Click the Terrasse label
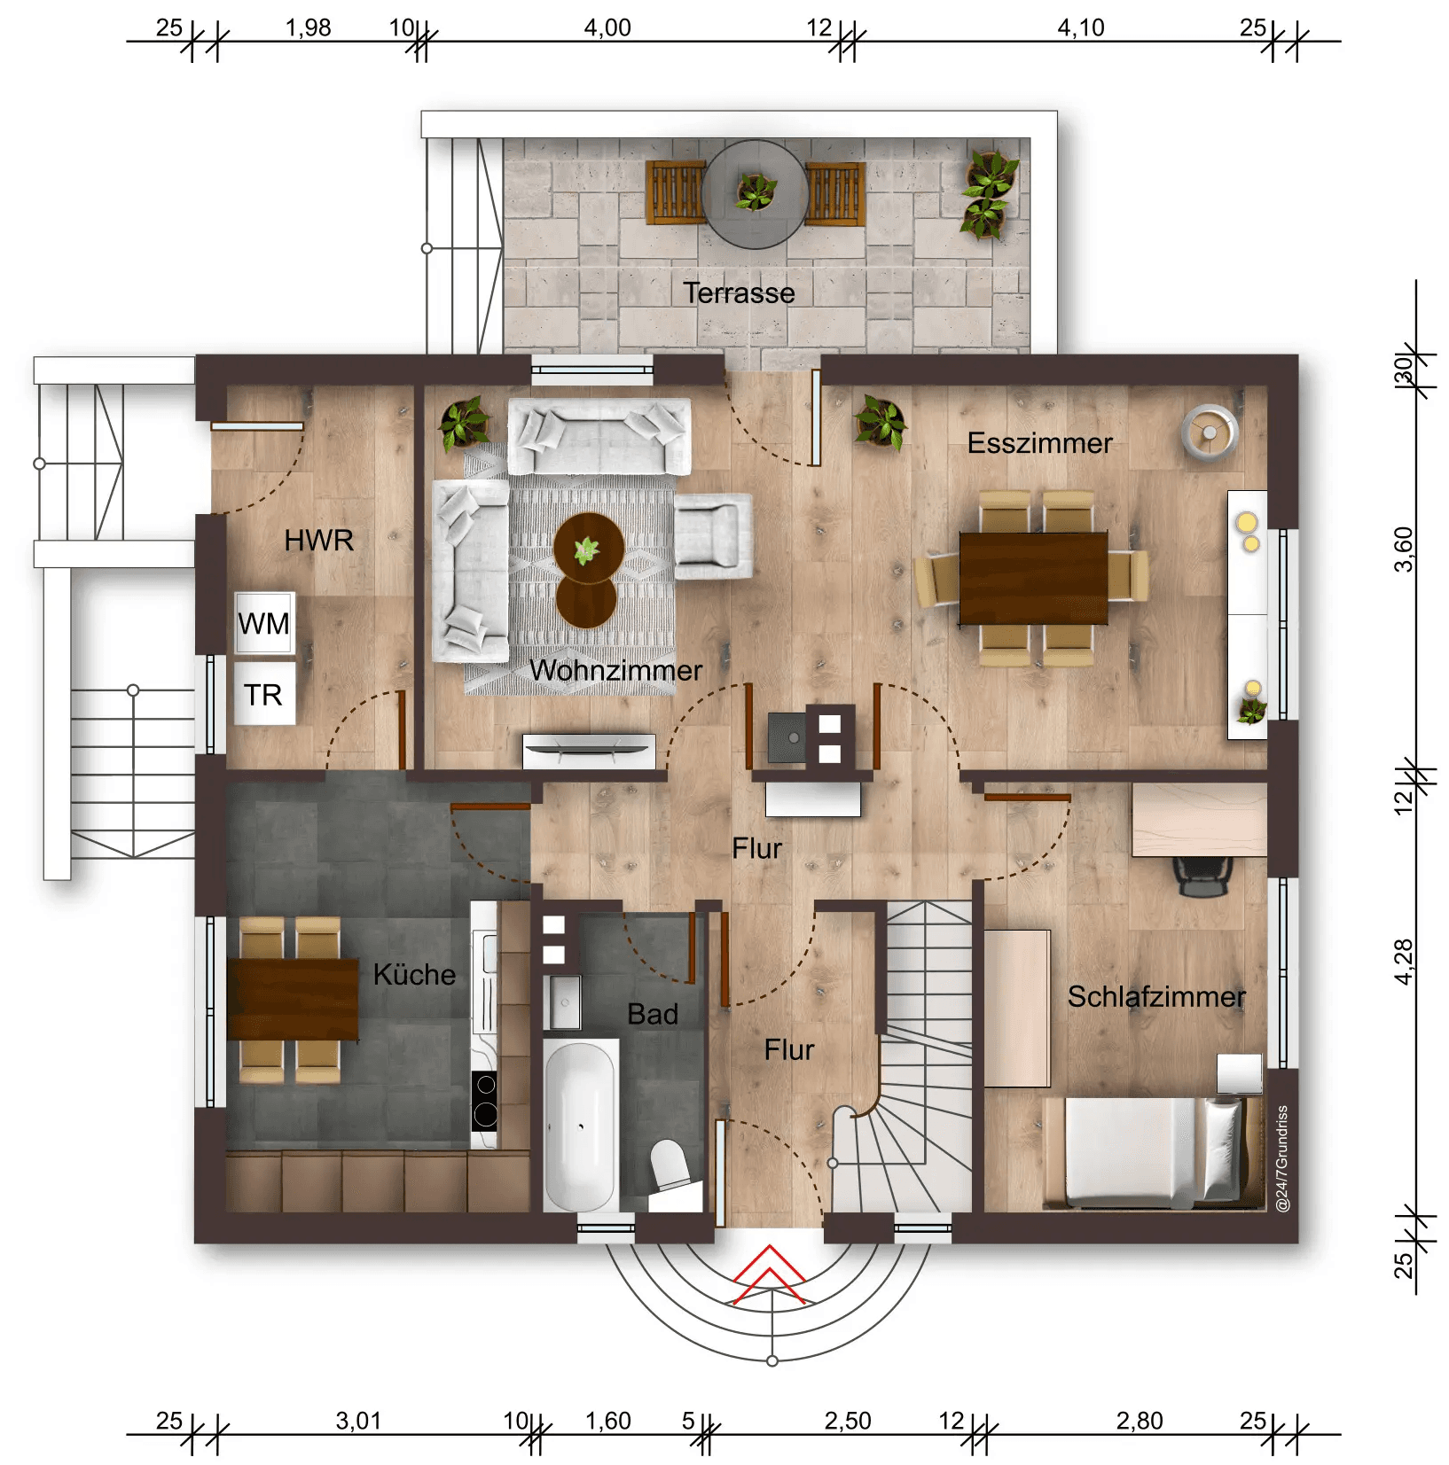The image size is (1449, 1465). [x=738, y=293]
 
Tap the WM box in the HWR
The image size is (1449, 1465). [x=263, y=623]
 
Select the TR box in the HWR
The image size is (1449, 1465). [x=263, y=695]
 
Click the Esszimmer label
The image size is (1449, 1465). [x=1039, y=443]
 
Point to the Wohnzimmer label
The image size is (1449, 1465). [x=615, y=670]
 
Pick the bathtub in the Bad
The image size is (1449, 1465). [x=580, y=1126]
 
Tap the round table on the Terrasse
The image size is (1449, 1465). [x=755, y=194]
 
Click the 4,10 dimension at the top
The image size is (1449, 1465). [x=1080, y=27]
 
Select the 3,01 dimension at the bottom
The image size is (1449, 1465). [x=358, y=1421]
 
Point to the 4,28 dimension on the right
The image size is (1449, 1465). [x=1403, y=962]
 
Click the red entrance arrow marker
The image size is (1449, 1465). [x=770, y=1276]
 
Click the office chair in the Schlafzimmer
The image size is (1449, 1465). [x=1202, y=876]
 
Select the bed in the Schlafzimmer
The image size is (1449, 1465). [x=1153, y=1152]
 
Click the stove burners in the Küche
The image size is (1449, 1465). [x=484, y=1100]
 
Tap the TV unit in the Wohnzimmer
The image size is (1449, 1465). [x=589, y=750]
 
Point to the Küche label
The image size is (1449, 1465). [x=414, y=975]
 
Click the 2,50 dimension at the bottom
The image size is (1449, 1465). [x=847, y=1421]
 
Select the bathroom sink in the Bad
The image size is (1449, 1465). [x=563, y=1002]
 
